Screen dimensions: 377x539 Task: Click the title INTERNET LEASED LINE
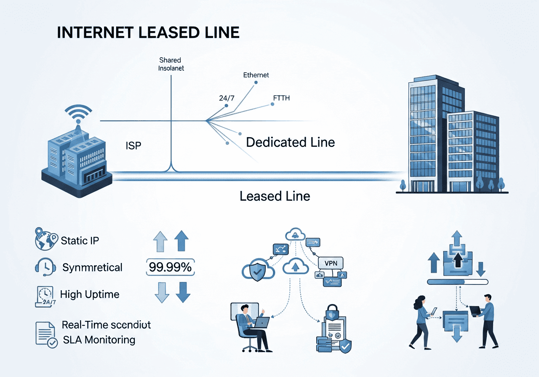[148, 33]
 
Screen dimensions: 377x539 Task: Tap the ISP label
[133, 146]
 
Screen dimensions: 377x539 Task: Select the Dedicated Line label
[290, 142]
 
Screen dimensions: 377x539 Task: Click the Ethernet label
[256, 75]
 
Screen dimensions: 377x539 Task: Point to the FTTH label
[281, 98]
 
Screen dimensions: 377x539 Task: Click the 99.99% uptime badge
[170, 267]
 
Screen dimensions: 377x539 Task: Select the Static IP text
[80, 241]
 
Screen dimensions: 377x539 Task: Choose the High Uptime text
[90, 294]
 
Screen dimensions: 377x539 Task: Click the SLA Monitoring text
[99, 340]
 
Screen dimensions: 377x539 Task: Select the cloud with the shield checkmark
[257, 271]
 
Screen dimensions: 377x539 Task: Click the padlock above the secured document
[332, 313]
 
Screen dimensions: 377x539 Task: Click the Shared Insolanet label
[171, 64]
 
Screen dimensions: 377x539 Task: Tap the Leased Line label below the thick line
[275, 196]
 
